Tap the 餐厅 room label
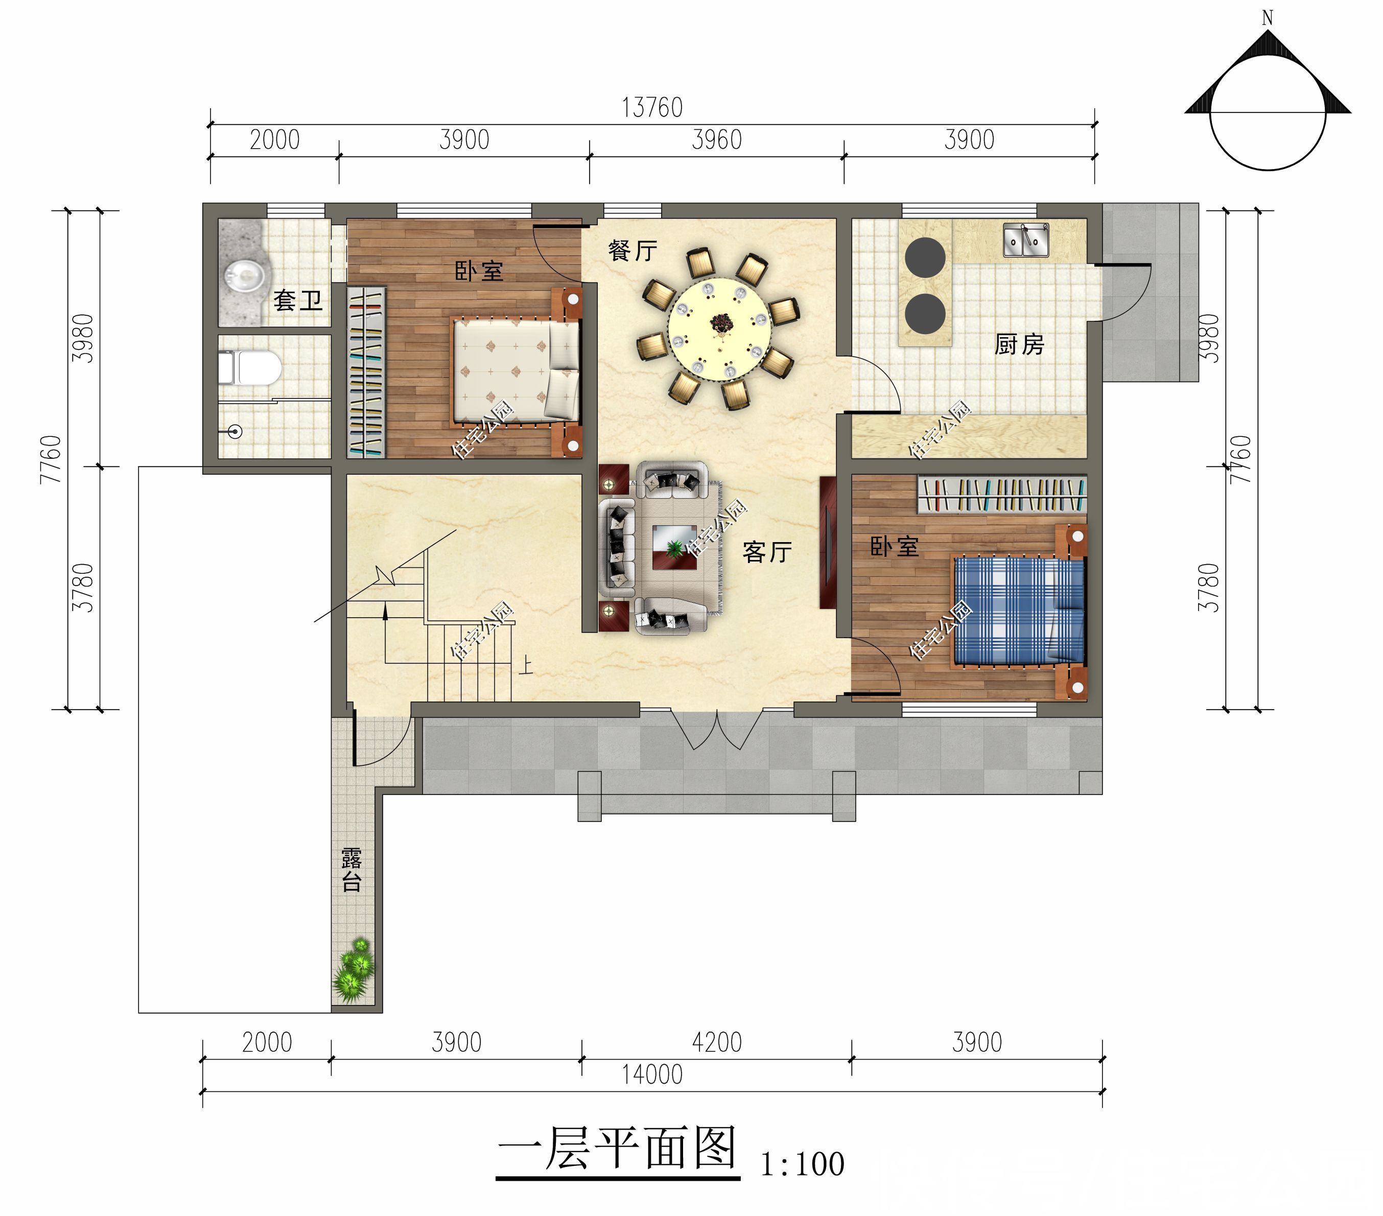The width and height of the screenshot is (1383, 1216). click(632, 250)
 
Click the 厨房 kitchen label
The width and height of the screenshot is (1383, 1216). click(1019, 344)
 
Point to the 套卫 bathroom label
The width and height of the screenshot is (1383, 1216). click(298, 300)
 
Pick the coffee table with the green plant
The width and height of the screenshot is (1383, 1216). click(674, 547)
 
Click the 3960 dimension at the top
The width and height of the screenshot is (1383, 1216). click(717, 140)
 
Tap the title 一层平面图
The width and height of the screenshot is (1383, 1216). click(617, 1149)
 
